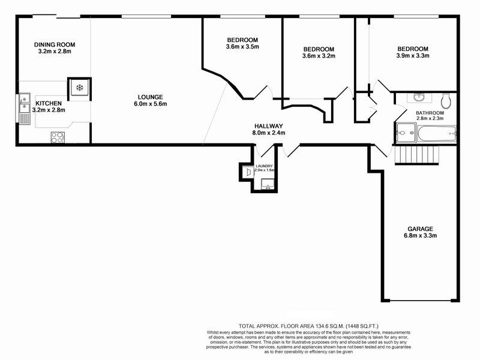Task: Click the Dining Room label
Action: point(55,44)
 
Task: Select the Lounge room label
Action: point(150,97)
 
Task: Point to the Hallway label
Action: point(269,125)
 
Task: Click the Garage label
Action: point(420,229)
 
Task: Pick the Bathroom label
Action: point(430,113)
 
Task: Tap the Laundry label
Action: point(264,166)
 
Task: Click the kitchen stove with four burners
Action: point(58,137)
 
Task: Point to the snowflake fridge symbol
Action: point(79,88)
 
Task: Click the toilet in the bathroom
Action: point(445,99)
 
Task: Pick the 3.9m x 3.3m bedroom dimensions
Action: point(412,56)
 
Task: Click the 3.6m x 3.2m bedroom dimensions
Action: point(319,56)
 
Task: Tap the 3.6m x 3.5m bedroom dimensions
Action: point(242,47)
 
